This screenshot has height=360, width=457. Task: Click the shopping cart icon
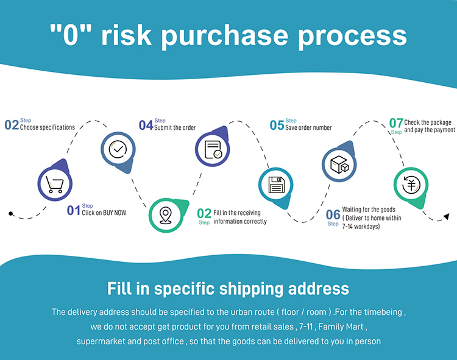(x=55, y=185)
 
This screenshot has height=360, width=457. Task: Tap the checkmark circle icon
(x=118, y=149)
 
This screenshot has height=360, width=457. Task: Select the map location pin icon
(x=166, y=215)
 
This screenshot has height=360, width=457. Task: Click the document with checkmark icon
(x=213, y=149)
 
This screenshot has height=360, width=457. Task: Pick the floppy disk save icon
(x=276, y=185)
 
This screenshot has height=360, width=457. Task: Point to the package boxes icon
(x=339, y=164)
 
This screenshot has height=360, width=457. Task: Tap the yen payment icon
(x=411, y=185)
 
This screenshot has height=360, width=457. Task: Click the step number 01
(x=74, y=210)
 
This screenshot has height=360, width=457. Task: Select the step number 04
(x=146, y=125)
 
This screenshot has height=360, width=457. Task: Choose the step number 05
(x=277, y=125)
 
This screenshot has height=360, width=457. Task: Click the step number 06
(x=333, y=214)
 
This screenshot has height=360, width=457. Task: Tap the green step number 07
(x=396, y=123)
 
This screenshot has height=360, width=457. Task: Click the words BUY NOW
(x=115, y=213)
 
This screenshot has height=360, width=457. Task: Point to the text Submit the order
(x=175, y=127)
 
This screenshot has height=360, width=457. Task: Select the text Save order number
(x=308, y=127)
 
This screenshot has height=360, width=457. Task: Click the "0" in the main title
(x=71, y=34)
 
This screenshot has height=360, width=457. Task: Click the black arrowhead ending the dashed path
(x=447, y=216)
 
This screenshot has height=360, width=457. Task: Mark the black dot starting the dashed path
(x=11, y=214)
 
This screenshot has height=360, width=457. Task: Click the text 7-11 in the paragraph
(x=306, y=326)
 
